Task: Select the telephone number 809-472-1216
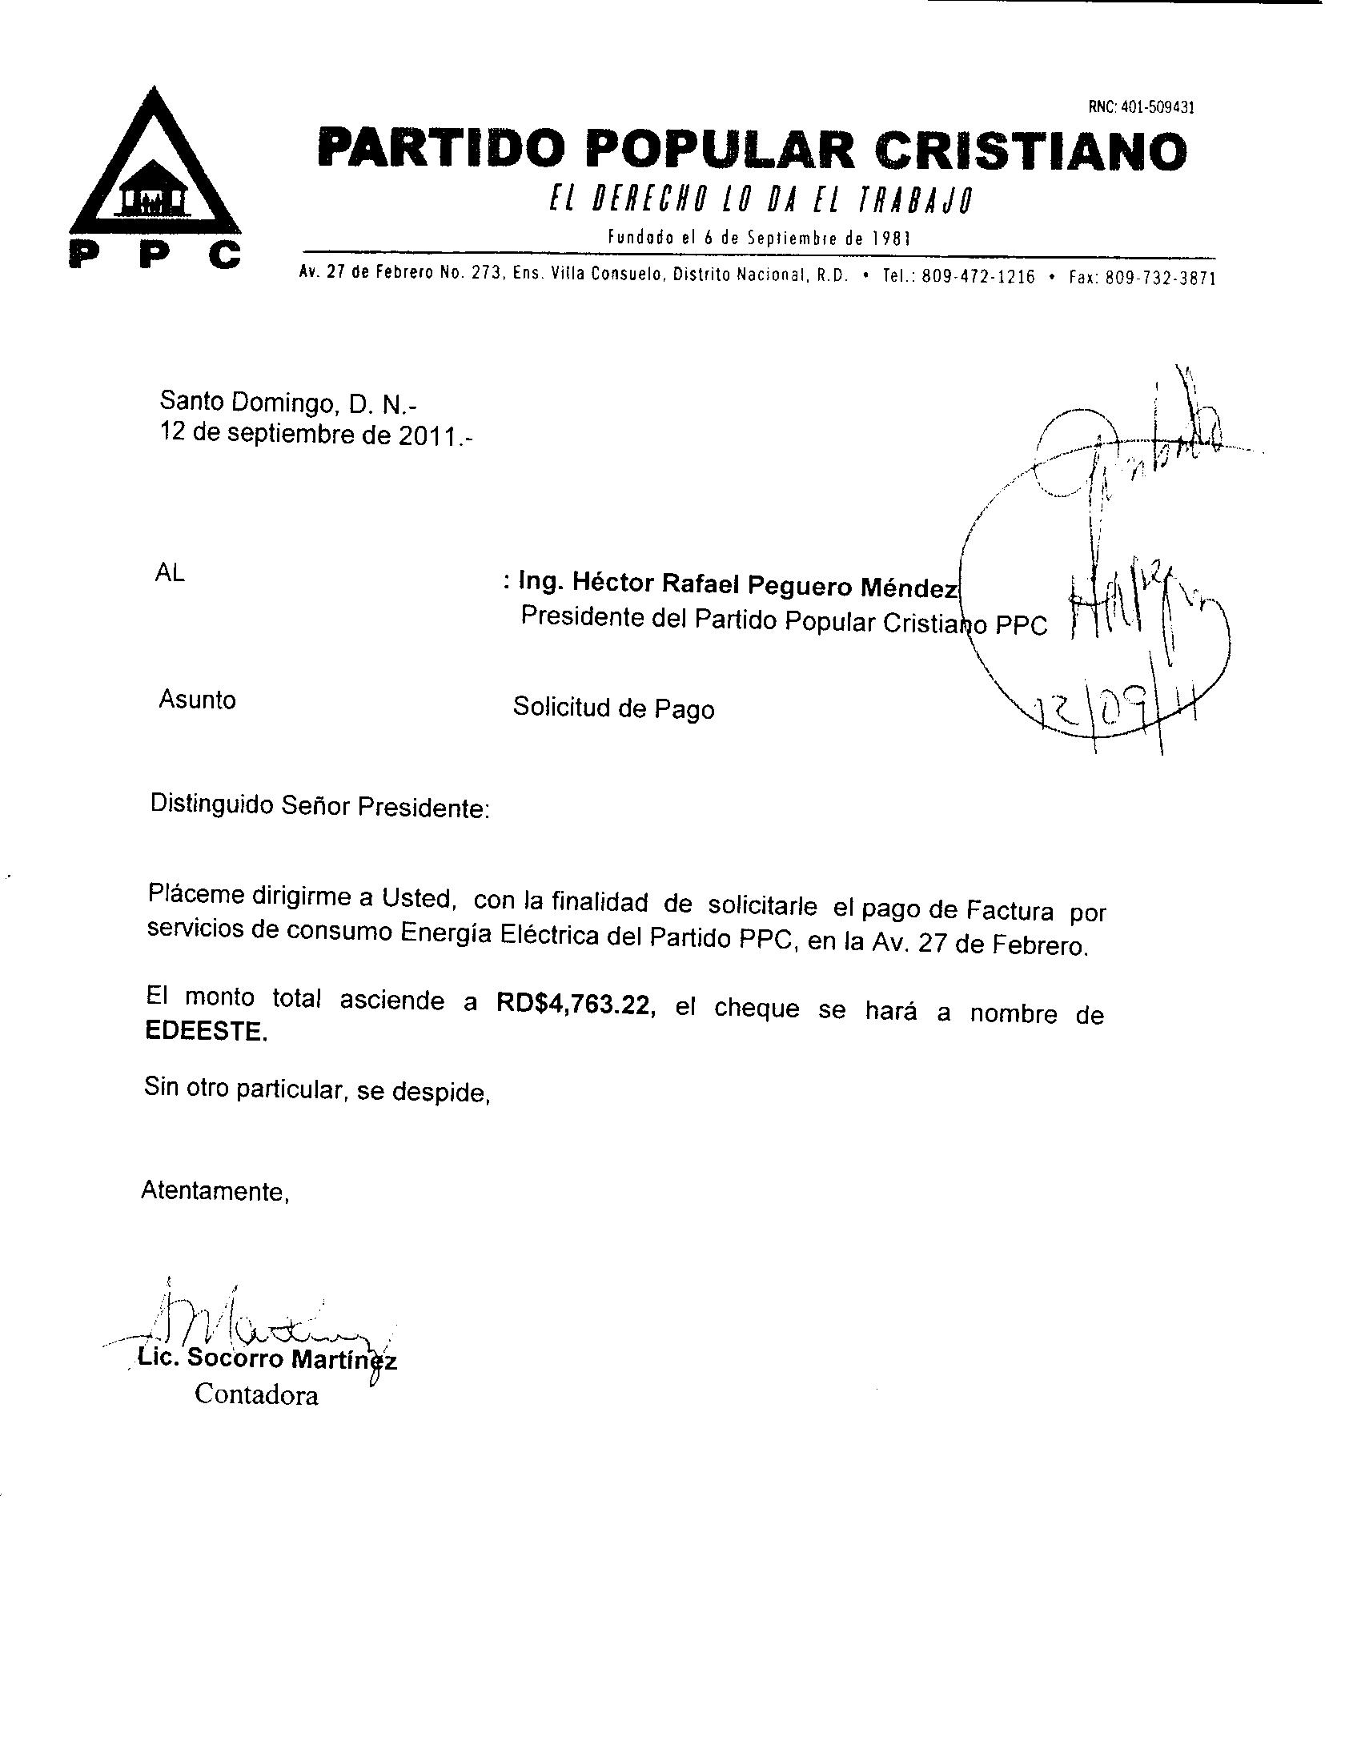tap(978, 278)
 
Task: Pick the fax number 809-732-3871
tap(1159, 279)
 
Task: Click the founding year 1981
tap(892, 239)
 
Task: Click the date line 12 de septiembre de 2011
tap(316, 435)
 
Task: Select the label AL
tap(169, 573)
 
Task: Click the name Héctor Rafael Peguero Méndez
tap(738, 584)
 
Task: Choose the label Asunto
tap(197, 699)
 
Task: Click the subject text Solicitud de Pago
tap(613, 708)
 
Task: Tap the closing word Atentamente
tap(215, 1191)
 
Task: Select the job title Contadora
tap(256, 1395)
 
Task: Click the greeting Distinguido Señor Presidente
tap(320, 806)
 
